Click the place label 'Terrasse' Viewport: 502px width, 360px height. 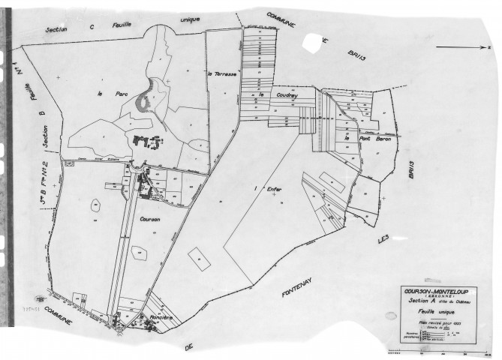223,74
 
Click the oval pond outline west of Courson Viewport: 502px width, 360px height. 96,203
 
